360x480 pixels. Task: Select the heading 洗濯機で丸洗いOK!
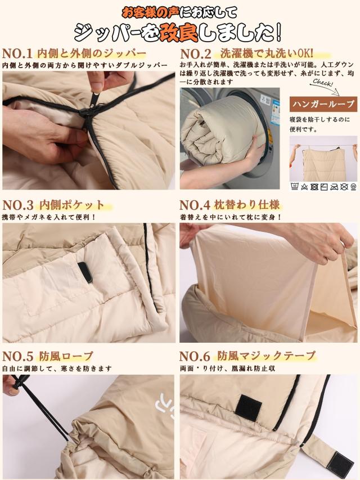coord(265,55)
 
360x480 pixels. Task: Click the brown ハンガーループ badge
coord(323,104)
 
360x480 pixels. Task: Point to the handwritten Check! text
coord(320,84)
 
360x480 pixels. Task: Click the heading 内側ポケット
coord(71,204)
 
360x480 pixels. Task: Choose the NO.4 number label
coord(196,204)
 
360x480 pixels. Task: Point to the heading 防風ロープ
coord(66,356)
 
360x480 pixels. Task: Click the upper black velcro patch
coord(247,406)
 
